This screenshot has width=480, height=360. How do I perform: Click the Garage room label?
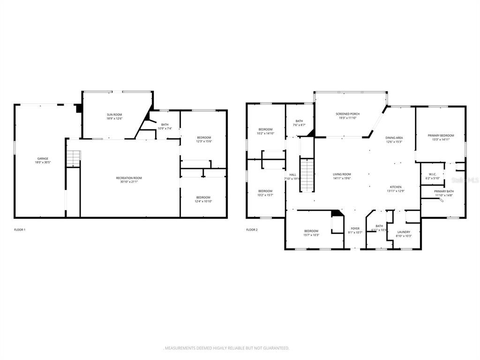click(x=43, y=160)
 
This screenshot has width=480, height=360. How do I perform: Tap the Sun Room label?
click(x=114, y=117)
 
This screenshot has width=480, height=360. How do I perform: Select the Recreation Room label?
click(x=129, y=180)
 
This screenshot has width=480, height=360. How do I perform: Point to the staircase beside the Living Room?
click(x=306, y=175)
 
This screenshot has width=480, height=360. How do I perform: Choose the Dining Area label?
click(x=394, y=140)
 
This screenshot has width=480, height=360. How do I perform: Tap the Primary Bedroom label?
click(x=441, y=137)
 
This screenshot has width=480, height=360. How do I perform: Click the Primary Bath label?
click(x=443, y=193)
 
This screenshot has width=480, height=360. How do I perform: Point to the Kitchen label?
click(x=396, y=188)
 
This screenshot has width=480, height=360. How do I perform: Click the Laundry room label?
click(x=404, y=233)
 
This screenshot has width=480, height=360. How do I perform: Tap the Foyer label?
click(x=355, y=230)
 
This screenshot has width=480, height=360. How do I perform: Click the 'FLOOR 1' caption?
click(x=20, y=230)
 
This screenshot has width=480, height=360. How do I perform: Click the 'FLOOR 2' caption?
click(x=252, y=230)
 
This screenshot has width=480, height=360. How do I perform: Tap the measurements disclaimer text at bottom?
click(x=226, y=348)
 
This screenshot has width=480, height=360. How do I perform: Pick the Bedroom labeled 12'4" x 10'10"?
click(x=203, y=199)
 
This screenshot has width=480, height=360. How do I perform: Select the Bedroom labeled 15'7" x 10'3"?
click(x=311, y=232)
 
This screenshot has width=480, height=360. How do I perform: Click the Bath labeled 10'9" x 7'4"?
click(x=165, y=126)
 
